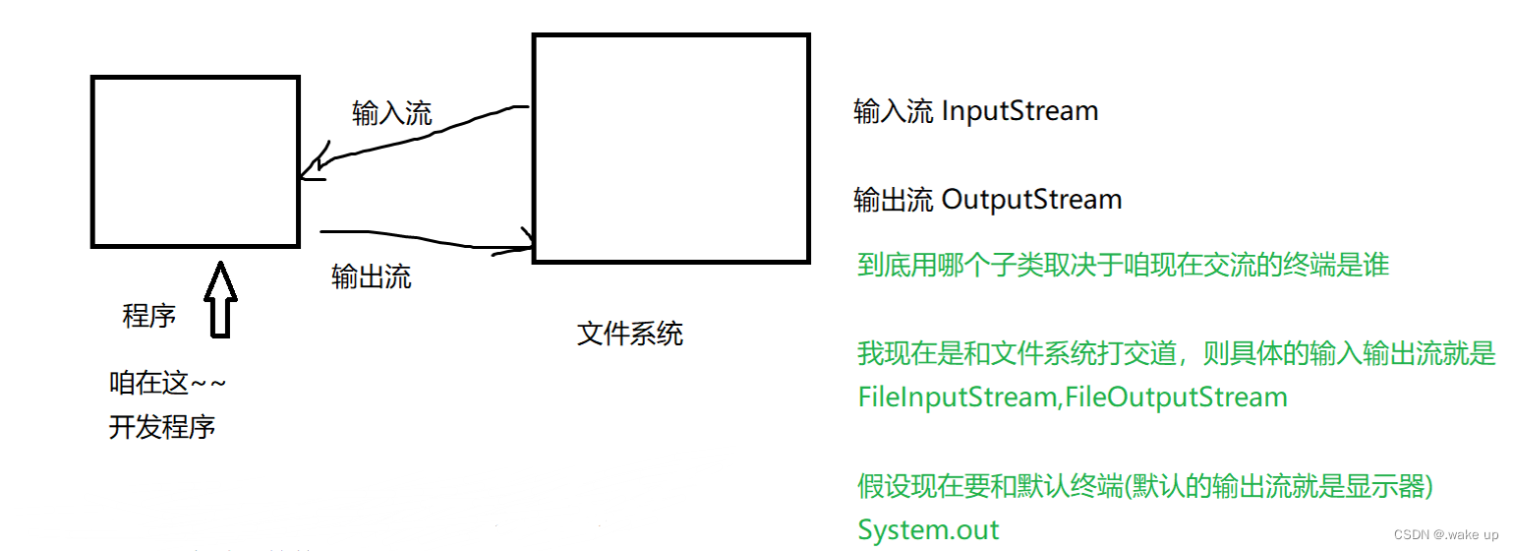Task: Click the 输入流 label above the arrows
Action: (391, 114)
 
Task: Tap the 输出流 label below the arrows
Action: (372, 277)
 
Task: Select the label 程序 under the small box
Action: (149, 316)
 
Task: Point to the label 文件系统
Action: (629, 335)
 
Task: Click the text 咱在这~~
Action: (167, 383)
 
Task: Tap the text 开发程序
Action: (161, 428)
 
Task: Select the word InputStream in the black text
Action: (1019, 111)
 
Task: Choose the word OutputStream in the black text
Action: (1031, 200)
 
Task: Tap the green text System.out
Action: (928, 530)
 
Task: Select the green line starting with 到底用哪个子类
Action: (1123, 266)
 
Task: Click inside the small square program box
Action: (195, 161)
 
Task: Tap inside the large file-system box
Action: (670, 148)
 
